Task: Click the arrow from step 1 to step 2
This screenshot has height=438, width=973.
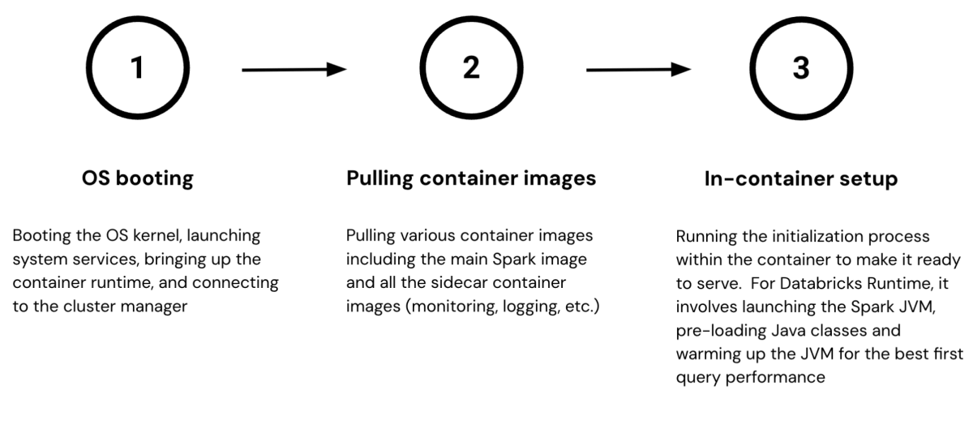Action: click(x=294, y=71)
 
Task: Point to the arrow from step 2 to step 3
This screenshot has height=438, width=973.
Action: click(x=638, y=71)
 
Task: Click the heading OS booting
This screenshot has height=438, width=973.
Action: click(x=137, y=178)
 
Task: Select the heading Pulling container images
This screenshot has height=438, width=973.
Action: click(x=470, y=178)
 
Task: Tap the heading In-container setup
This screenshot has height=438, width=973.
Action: click(x=800, y=179)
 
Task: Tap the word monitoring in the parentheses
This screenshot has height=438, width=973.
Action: click(x=448, y=307)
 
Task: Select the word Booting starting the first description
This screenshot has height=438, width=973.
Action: click(x=41, y=236)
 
